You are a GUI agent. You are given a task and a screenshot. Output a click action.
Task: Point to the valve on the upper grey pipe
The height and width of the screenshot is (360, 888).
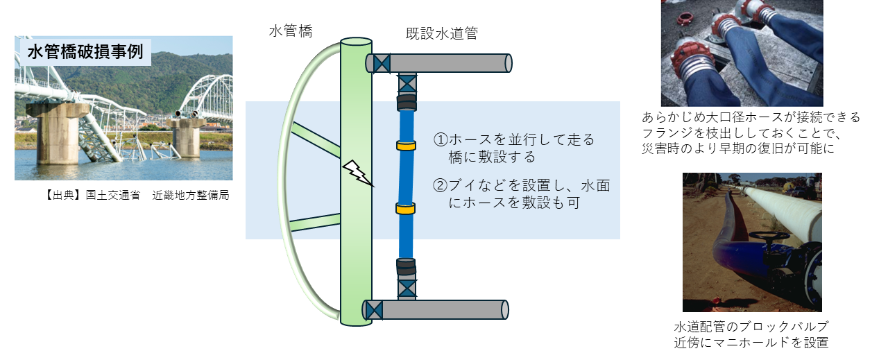coord(382,63)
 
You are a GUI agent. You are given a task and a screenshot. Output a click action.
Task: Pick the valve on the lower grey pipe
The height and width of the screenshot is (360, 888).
coord(374,309)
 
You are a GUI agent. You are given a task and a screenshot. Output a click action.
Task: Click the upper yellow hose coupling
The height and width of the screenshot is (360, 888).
coord(405,146)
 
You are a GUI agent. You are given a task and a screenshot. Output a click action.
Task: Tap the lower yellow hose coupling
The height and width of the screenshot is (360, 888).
coord(405,208)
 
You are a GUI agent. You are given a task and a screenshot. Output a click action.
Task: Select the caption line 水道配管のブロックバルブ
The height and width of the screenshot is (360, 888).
coord(751,326)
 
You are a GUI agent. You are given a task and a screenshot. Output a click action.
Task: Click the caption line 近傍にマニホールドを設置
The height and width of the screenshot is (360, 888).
coord(751,341)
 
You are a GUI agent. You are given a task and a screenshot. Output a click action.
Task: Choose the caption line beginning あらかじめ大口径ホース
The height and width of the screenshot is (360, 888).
coord(751,117)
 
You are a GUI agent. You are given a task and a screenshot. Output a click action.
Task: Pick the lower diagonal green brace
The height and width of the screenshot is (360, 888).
coord(316,221)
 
